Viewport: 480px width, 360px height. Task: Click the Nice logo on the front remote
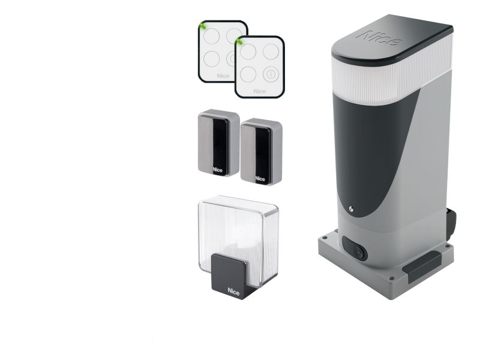tap(260, 91)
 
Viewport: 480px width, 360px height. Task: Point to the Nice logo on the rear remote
tap(223, 76)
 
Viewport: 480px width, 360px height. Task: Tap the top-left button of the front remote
tap(248, 52)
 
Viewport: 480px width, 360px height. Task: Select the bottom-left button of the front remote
tap(248, 74)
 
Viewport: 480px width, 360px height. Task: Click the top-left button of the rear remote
tap(212, 36)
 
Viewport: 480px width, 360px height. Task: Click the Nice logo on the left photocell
tap(218, 170)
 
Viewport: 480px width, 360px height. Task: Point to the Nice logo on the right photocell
tap(260, 178)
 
